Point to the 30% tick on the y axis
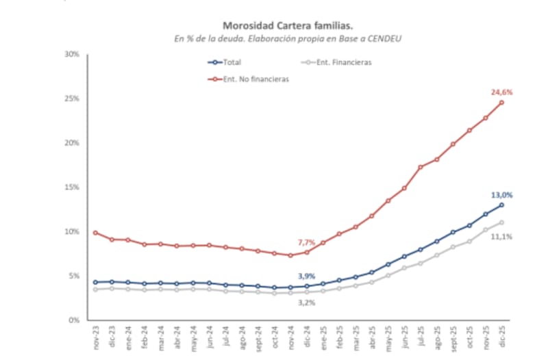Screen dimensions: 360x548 pyautogui.click(x=71, y=54)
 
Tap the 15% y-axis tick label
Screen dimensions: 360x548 pyautogui.click(x=71, y=187)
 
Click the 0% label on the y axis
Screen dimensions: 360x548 pyautogui.click(x=73, y=320)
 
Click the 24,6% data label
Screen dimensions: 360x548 pyautogui.click(x=502, y=92)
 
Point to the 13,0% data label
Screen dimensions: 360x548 pyautogui.click(x=502, y=195)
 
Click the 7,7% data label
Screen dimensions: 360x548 pyautogui.click(x=306, y=242)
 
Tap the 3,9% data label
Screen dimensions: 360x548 pyautogui.click(x=306, y=276)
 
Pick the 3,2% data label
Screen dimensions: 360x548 pyautogui.click(x=306, y=302)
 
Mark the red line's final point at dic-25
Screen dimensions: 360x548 pyautogui.click(x=501, y=103)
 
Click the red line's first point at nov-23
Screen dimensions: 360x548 pyautogui.click(x=96, y=233)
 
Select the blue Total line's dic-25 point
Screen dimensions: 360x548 pyautogui.click(x=501, y=205)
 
